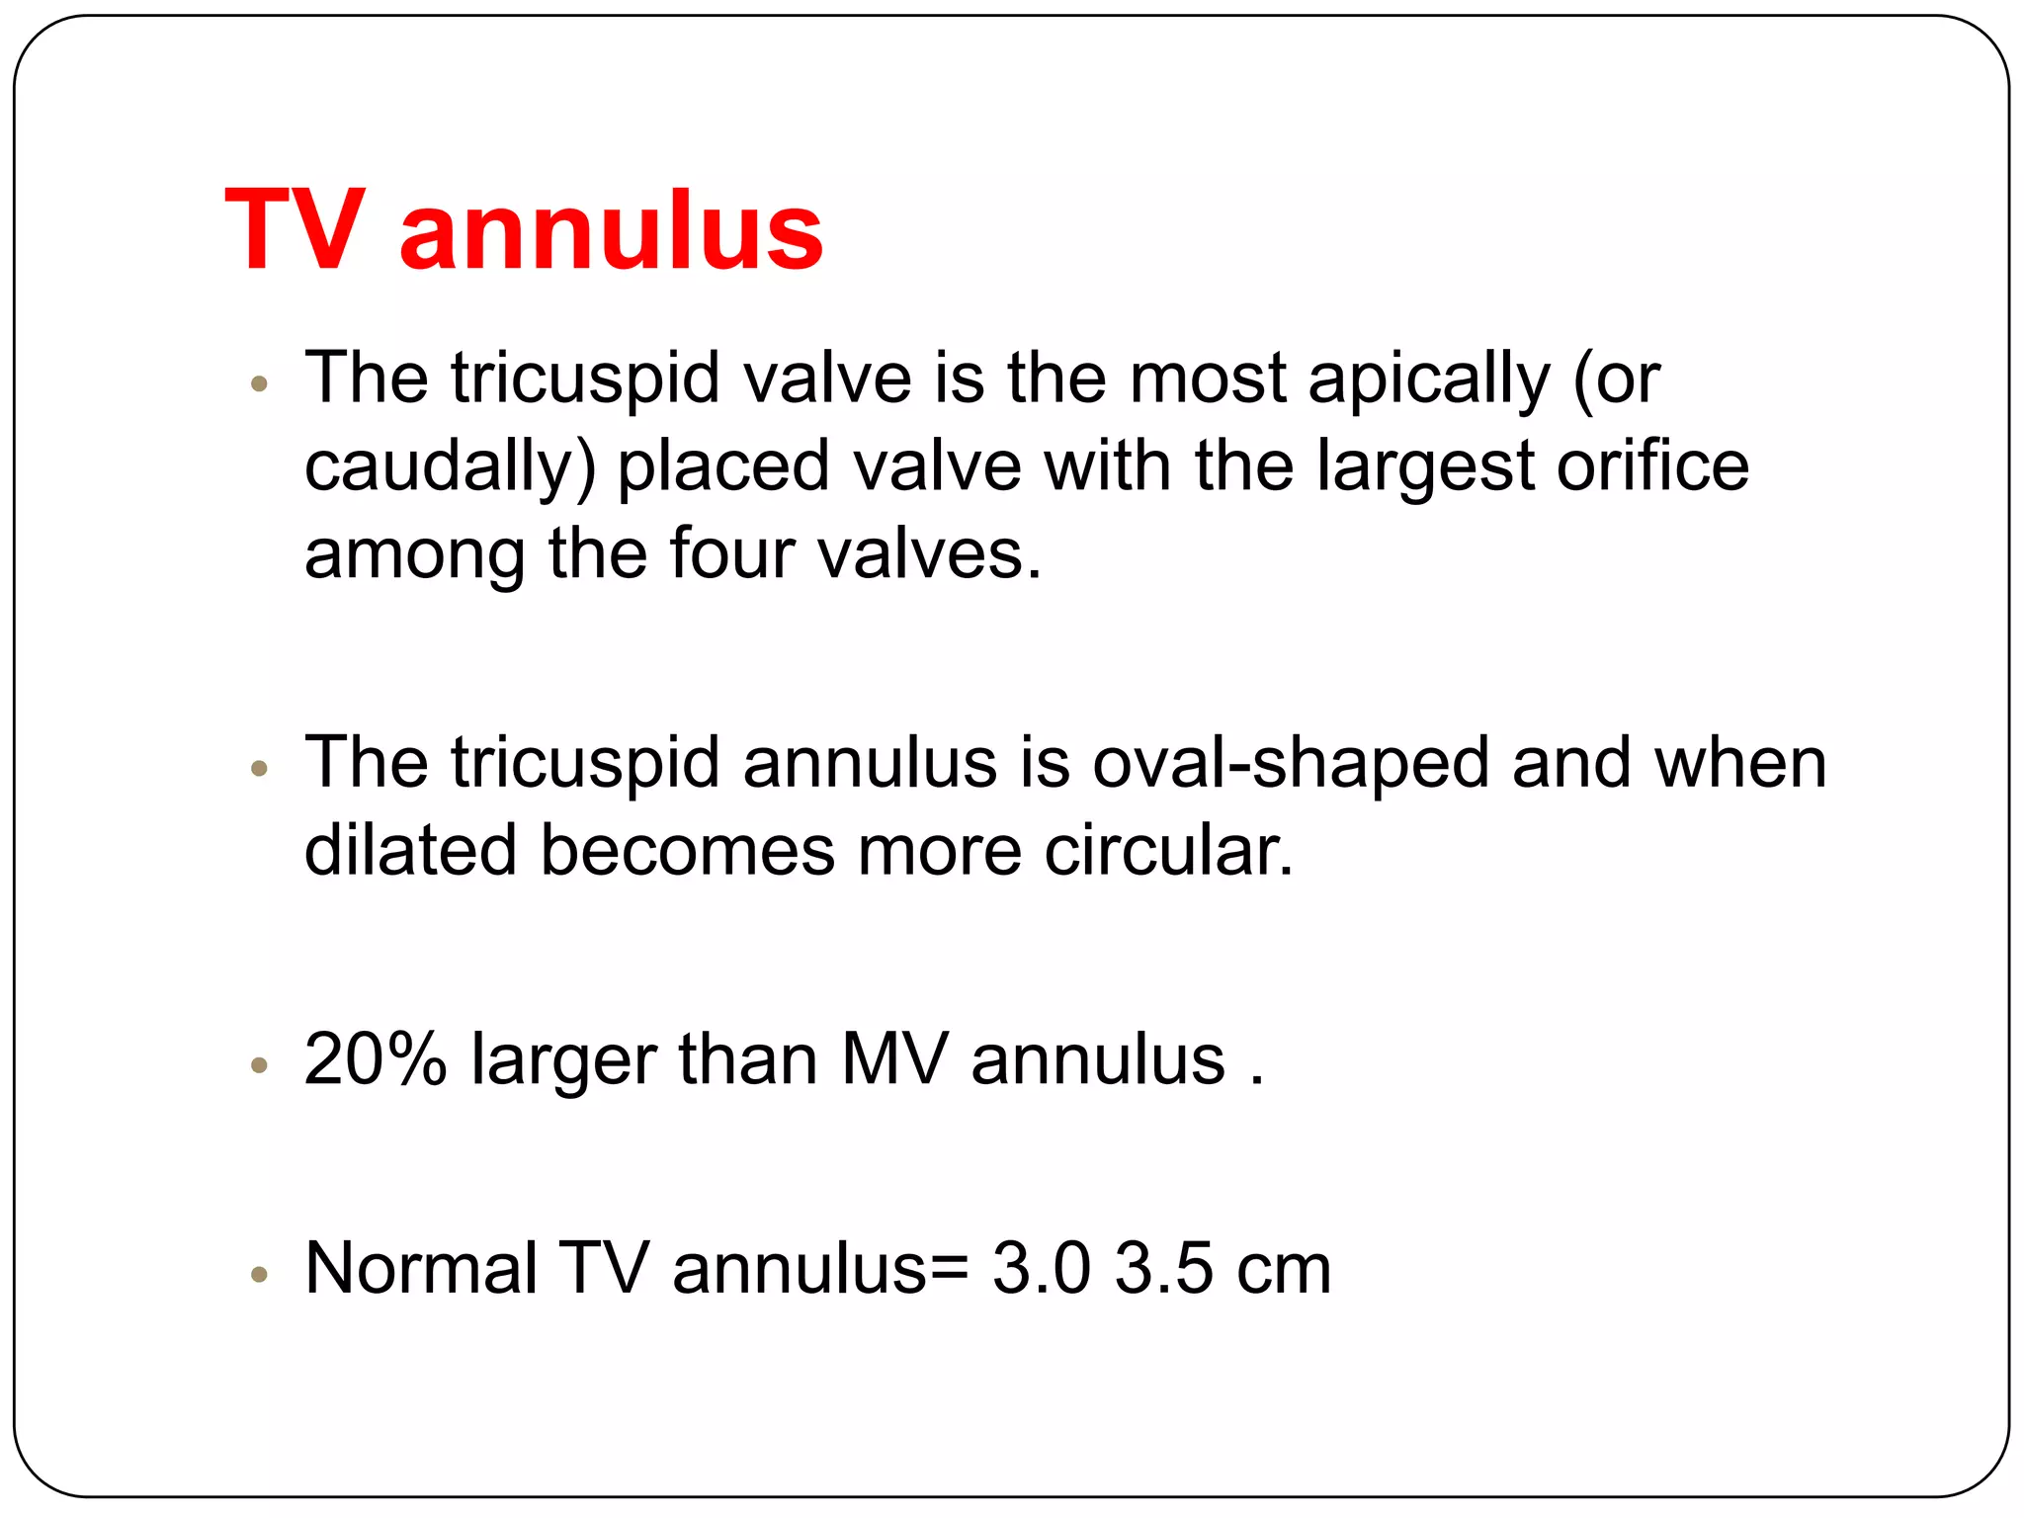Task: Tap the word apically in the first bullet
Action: [1429, 380]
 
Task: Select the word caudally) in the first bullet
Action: [450, 468]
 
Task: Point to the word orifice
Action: [1652, 466]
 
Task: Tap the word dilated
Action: [410, 850]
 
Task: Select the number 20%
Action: [376, 1059]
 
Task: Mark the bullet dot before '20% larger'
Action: [260, 1065]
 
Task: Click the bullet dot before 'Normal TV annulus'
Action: [260, 1274]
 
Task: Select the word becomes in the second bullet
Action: [687, 850]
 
